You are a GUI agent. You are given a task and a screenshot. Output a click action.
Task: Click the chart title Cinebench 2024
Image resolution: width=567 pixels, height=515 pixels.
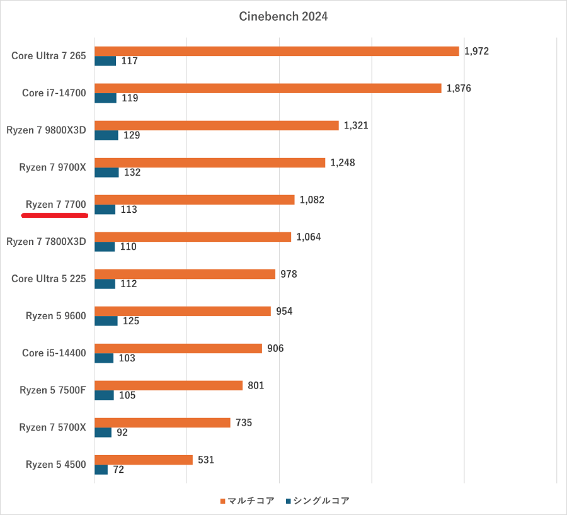coord(283,17)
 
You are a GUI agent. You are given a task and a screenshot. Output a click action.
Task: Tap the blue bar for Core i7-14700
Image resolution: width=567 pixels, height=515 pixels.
coord(105,98)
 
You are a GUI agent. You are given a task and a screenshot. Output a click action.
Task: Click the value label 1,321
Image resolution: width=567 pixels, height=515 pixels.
coord(356,126)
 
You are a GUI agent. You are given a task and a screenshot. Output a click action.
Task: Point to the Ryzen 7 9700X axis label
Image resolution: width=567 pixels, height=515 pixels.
coord(52,167)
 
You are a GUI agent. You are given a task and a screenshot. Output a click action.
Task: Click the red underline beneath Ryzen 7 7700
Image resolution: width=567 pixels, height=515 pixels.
coord(54,215)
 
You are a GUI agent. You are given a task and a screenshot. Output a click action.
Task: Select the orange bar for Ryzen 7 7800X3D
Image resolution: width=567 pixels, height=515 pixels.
coord(192,237)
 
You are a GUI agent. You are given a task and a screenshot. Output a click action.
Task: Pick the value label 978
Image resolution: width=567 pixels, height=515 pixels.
coord(289,274)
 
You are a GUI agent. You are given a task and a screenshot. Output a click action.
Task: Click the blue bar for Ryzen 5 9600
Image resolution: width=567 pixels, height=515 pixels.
coord(106,321)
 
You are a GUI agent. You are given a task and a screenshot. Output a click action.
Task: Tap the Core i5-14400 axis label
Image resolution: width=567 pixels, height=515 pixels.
coord(54,353)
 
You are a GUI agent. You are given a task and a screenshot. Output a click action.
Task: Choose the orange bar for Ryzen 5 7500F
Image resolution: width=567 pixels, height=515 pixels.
coord(168,385)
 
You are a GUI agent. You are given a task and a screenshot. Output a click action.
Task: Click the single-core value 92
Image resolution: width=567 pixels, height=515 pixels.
coord(122,433)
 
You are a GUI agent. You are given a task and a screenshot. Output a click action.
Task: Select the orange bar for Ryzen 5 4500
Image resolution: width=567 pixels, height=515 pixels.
coord(143,460)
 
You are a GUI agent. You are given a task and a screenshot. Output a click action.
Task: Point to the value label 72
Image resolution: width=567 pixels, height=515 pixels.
coord(118,470)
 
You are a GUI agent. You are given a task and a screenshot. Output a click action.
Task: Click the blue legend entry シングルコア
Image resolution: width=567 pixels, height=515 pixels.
coord(318,501)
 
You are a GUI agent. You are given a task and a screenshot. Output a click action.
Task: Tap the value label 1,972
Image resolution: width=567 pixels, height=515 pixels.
coord(476,52)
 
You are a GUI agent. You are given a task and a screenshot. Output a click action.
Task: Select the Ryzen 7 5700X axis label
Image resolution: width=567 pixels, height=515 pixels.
coord(52,427)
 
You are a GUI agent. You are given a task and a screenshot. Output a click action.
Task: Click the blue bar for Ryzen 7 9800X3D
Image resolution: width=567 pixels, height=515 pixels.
coord(106,135)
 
